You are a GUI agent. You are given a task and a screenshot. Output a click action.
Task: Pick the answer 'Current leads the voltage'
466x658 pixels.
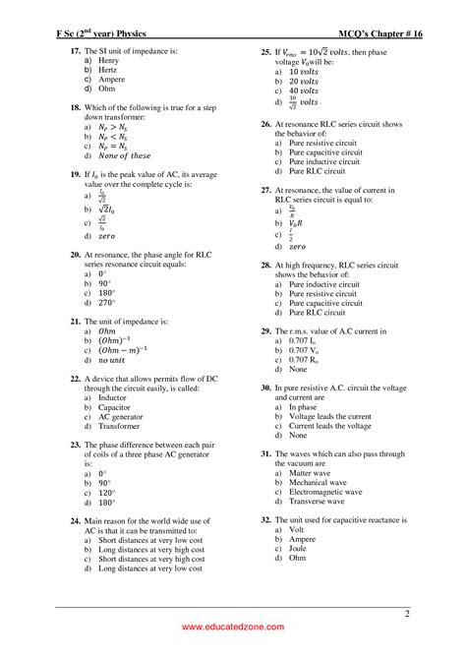point(330,425)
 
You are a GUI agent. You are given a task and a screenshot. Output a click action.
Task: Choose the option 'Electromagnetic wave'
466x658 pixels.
point(325,492)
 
